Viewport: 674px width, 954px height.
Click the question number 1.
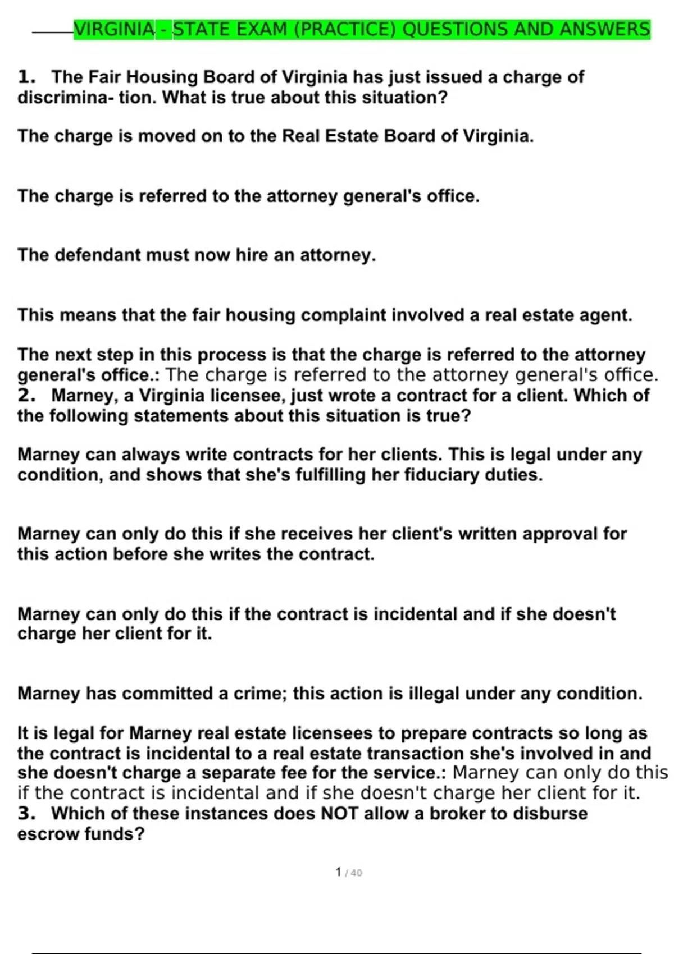click(26, 77)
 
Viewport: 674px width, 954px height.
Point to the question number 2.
click(26, 395)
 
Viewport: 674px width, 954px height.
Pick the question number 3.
click(26, 813)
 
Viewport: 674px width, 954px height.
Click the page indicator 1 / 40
click(348, 873)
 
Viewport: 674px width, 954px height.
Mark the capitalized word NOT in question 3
click(339, 813)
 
